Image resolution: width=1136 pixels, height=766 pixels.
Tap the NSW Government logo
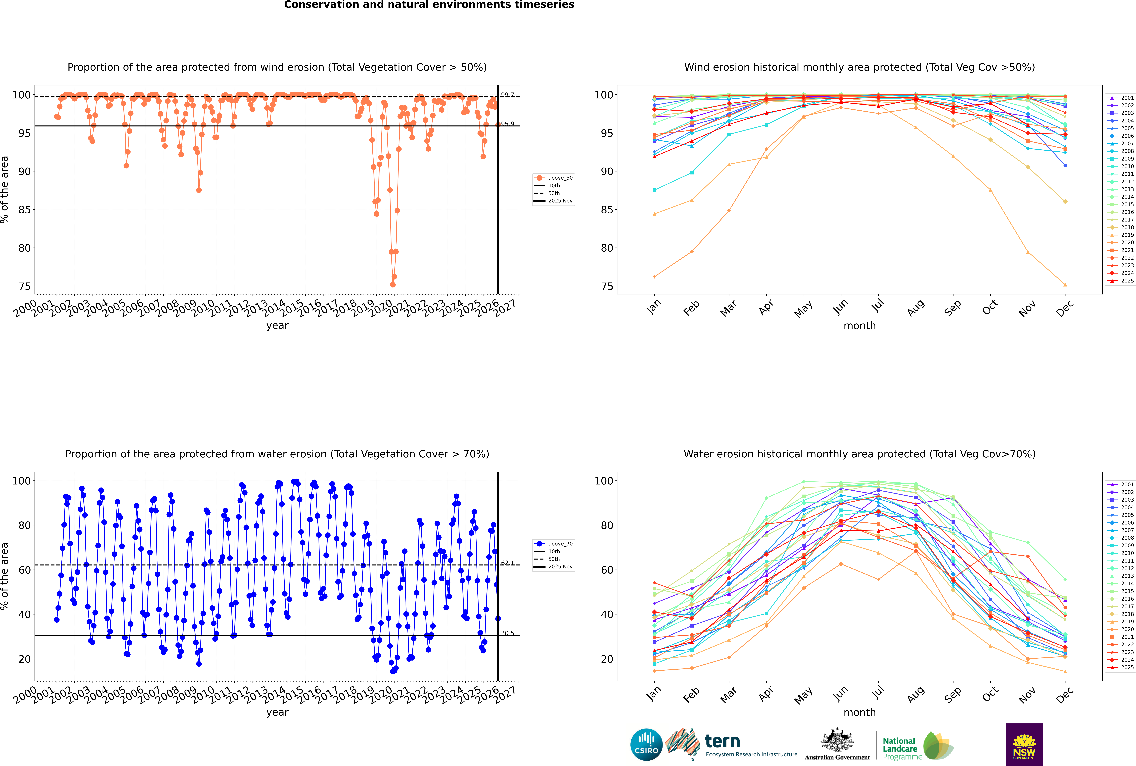pos(1024,744)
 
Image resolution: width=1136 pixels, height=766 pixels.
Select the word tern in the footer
pos(722,742)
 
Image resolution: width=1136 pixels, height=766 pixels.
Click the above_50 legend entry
pos(560,178)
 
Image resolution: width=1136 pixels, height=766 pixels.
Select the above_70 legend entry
pos(560,544)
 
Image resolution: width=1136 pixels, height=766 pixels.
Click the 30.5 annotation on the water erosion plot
pos(507,633)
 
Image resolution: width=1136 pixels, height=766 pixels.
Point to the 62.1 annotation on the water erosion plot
pos(507,563)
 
